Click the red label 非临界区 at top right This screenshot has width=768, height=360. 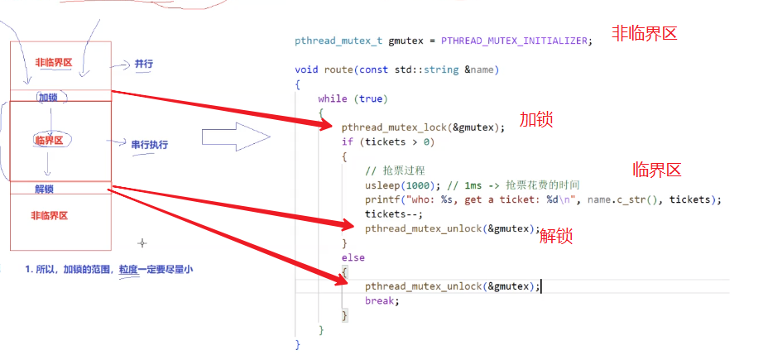[644, 34]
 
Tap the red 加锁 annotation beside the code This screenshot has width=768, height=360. [535, 119]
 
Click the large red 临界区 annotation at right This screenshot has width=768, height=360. [656, 170]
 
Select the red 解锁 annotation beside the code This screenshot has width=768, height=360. [556, 237]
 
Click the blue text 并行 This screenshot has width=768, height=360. [143, 64]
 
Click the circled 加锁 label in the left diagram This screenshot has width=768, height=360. [52, 97]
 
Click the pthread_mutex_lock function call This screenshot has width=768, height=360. [393, 127]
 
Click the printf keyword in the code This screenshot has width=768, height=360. [381, 199]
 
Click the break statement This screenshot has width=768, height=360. [382, 300]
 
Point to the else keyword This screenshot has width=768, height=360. [353, 257]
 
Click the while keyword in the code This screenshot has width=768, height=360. [333, 98]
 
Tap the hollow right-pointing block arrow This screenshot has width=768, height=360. [236, 137]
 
